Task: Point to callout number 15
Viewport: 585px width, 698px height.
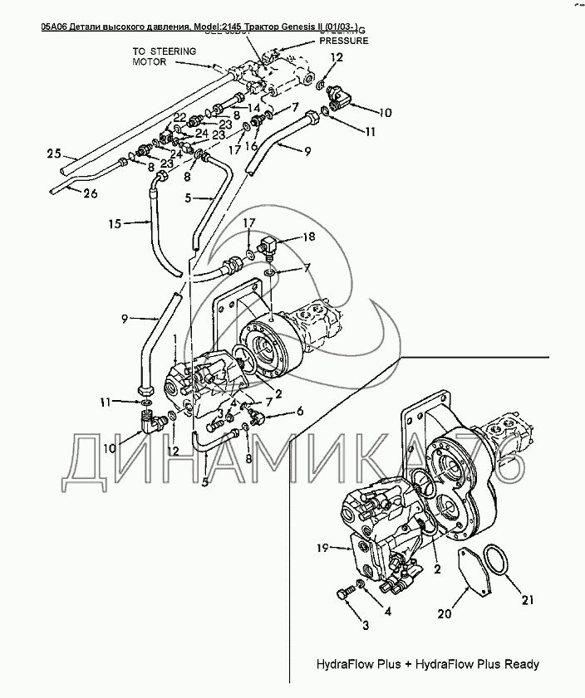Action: pos(116,223)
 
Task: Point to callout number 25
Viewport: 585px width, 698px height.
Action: pos(54,153)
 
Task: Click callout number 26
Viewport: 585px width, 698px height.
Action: pos(90,195)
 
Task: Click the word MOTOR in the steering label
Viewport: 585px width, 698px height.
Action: pos(150,62)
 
